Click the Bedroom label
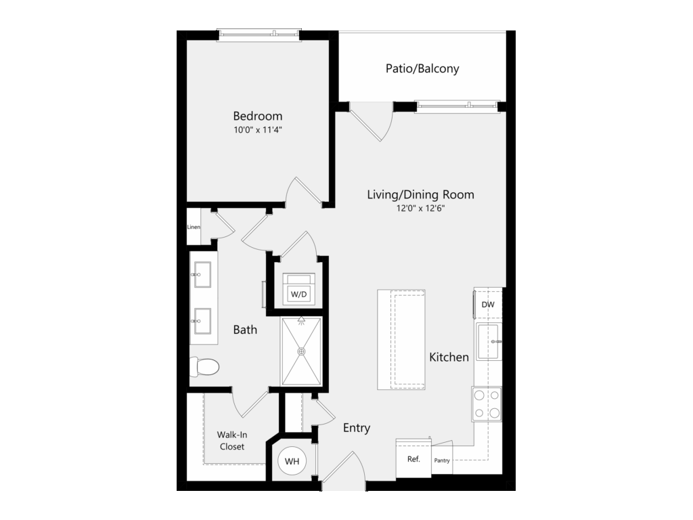pyautogui.click(x=258, y=116)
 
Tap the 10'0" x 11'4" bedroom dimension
pyautogui.click(x=258, y=130)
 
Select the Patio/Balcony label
pyautogui.click(x=422, y=68)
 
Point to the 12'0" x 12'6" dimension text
pyautogui.click(x=420, y=209)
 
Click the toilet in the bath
pyautogui.click(x=204, y=366)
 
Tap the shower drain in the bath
pyautogui.click(x=301, y=351)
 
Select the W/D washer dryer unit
pyautogui.click(x=298, y=290)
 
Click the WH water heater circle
pyautogui.click(x=292, y=461)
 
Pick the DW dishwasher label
pyautogui.click(x=488, y=305)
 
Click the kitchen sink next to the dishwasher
pyautogui.click(x=489, y=342)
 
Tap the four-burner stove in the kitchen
pyautogui.click(x=487, y=404)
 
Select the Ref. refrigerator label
pyautogui.click(x=413, y=459)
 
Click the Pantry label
pyautogui.click(x=442, y=460)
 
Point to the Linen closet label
pyautogui.click(x=194, y=227)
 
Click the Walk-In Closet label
pyautogui.click(x=232, y=441)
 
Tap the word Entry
pyautogui.click(x=357, y=428)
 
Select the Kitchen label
pyautogui.click(x=449, y=357)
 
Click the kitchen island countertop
pyautogui.click(x=401, y=340)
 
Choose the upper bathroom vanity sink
pyautogui.click(x=202, y=275)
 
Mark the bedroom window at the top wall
pyautogui.click(x=259, y=35)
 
